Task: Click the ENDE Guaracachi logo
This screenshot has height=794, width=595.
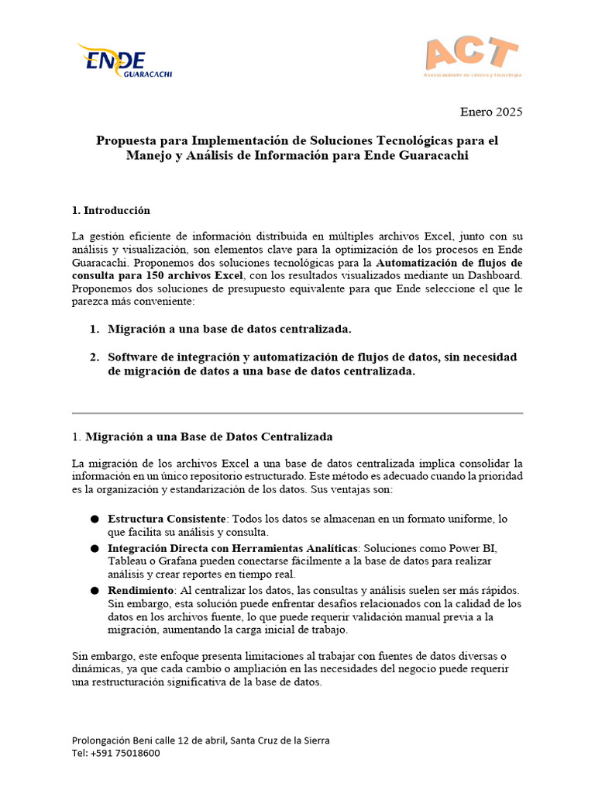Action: coord(123,60)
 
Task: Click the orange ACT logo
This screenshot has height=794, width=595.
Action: coord(472,56)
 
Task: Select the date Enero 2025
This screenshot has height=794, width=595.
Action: coord(491,112)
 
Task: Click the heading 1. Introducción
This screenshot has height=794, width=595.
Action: coord(111,211)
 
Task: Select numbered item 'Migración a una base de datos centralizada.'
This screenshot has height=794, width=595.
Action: coord(229,330)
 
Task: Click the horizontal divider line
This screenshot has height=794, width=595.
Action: coord(297,413)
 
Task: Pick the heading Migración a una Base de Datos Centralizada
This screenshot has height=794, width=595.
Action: coord(209,437)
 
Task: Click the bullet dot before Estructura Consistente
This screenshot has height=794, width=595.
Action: coord(94,519)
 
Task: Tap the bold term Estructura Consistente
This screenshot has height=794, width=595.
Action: coord(167,519)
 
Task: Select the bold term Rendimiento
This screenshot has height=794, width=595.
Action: coord(140,591)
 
